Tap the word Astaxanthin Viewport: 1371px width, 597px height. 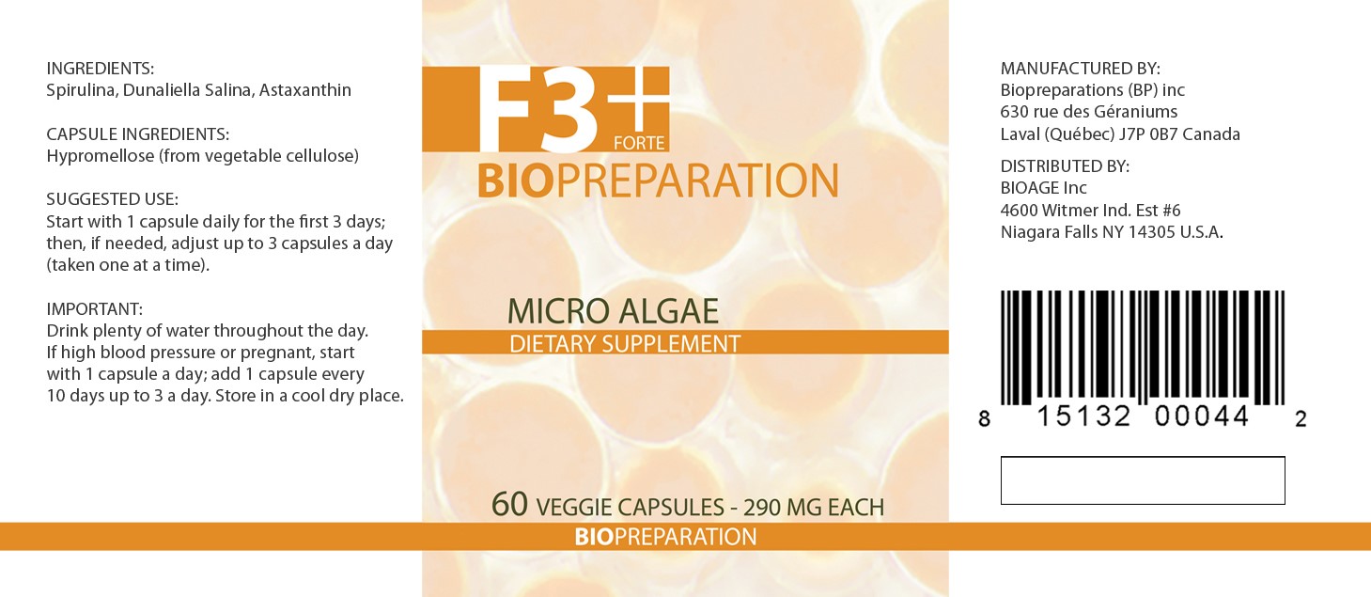(304, 90)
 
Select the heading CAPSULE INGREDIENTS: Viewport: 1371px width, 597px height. (138, 134)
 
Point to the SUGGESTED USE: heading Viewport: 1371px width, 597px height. (113, 199)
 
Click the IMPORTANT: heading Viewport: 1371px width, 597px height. (94, 309)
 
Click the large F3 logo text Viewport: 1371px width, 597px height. (537, 109)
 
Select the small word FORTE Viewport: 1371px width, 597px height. (639, 143)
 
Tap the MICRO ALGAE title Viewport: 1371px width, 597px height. (613, 311)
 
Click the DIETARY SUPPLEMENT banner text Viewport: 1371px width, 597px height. (625, 344)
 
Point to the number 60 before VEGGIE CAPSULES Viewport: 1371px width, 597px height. (509, 504)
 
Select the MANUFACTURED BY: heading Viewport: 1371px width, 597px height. (1081, 69)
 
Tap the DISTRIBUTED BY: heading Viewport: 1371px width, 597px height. (1065, 166)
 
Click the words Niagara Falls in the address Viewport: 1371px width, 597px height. (1049, 232)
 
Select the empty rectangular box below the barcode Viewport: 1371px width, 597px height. (1143, 457)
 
